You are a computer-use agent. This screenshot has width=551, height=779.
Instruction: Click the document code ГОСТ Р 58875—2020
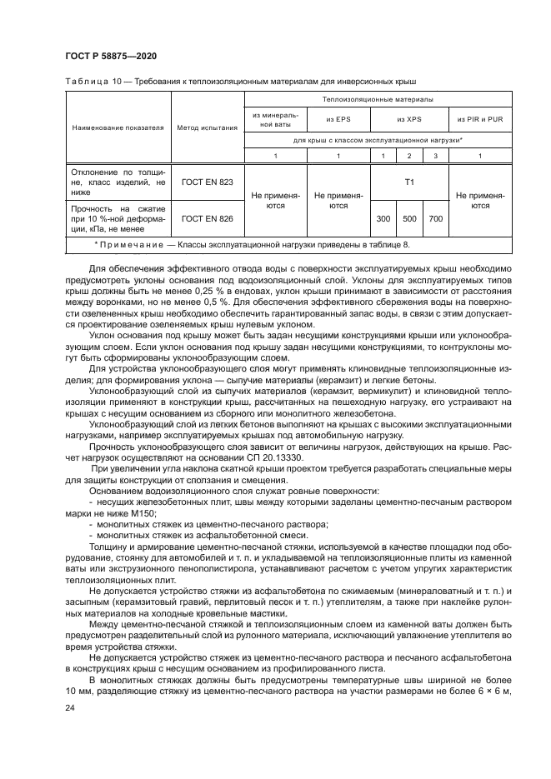111,56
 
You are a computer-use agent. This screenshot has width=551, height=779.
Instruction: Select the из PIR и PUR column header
479,119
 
